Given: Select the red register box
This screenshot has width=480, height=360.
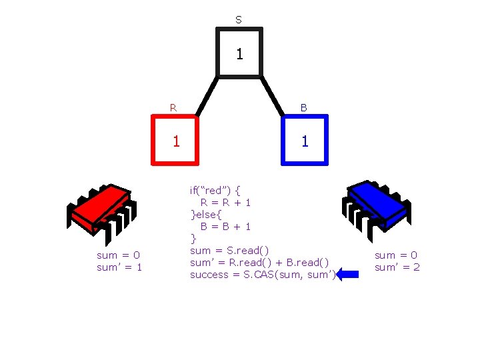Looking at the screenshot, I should (175, 140).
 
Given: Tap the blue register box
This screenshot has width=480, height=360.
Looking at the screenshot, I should (305, 140).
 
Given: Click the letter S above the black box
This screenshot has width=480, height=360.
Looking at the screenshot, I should (239, 20).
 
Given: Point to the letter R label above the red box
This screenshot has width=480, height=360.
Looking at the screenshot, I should (173, 107).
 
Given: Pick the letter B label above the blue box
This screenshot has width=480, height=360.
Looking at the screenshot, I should (303, 107).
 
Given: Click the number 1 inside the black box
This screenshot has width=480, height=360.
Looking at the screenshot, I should (239, 53).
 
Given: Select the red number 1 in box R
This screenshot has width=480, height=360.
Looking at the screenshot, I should (176, 141).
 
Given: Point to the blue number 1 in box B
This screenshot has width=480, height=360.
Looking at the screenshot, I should (305, 141).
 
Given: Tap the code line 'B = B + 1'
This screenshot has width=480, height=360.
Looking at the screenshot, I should (225, 226).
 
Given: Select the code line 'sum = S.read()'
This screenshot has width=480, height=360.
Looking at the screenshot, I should (230, 250).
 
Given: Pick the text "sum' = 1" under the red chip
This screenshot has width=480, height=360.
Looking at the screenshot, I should (119, 267).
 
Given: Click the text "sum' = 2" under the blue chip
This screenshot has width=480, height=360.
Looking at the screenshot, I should (397, 267).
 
